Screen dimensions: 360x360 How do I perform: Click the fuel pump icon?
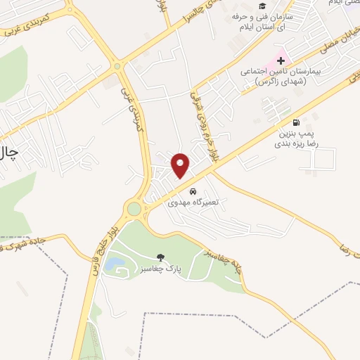(x=304, y=122)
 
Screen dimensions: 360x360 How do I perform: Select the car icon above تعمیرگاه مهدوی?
(x=193, y=191)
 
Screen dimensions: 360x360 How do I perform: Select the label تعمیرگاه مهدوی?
(x=193, y=202)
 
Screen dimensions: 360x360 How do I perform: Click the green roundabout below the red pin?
(x=134, y=209)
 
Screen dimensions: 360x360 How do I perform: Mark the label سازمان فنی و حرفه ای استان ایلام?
(x=275, y=22)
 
